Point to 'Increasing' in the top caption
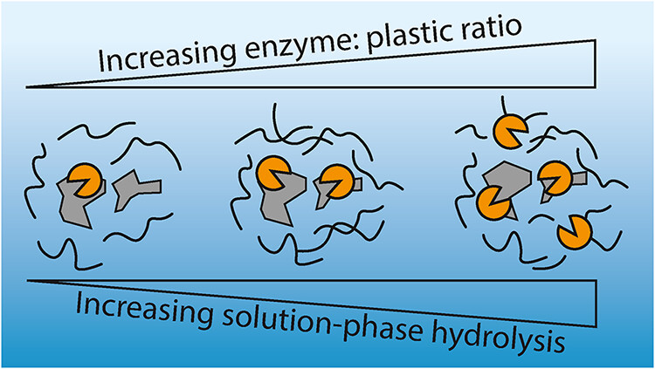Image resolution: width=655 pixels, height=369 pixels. point(166,57)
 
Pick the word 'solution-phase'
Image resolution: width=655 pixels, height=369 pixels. point(321,321)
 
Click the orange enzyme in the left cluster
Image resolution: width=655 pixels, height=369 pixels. point(85,180)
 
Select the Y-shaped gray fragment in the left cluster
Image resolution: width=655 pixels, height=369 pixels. point(136,190)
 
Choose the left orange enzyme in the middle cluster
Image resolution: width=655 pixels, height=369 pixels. point(273,173)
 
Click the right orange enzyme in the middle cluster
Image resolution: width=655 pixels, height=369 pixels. point(338,182)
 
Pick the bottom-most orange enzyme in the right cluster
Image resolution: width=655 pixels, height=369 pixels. point(575,233)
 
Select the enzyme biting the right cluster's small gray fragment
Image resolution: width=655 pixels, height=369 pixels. point(555,179)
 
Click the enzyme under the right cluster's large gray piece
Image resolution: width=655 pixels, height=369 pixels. point(493,203)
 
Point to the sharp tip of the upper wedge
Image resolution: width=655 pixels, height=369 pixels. point(26,87)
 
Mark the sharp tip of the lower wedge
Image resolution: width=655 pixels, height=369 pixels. point(28,281)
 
